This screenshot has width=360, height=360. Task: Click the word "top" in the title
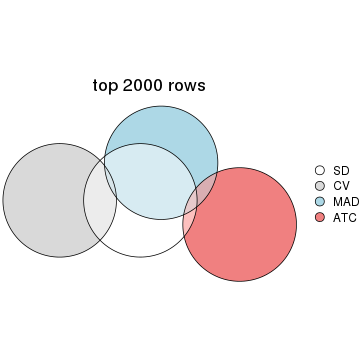click(x=105, y=86)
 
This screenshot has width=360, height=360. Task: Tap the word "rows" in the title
click(x=187, y=86)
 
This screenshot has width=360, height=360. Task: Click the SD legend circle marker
click(x=320, y=171)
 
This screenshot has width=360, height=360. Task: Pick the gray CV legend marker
click(x=320, y=186)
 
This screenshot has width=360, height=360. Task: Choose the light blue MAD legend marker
click(x=320, y=201)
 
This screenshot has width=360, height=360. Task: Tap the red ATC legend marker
click(x=320, y=216)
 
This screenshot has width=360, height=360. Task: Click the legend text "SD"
click(x=339, y=171)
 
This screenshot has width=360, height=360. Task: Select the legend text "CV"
click(x=339, y=186)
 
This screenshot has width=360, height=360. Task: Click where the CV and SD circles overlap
click(x=100, y=200)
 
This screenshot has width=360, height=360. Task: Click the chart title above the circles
click(x=149, y=86)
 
